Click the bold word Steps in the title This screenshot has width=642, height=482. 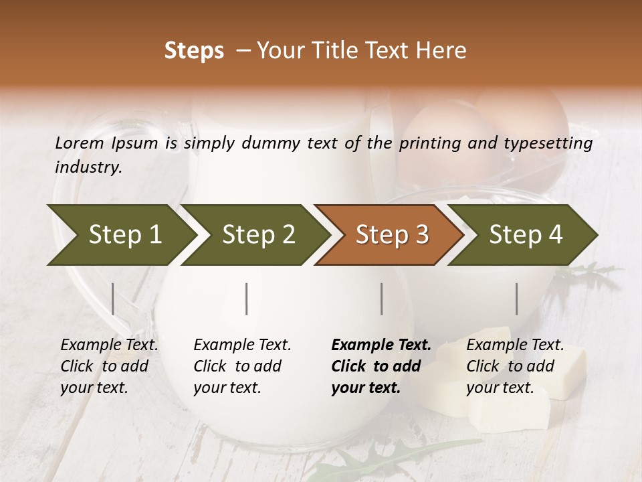click(x=194, y=51)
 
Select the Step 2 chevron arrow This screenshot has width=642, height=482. click(x=254, y=234)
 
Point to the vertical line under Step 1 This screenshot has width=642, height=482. click(x=113, y=299)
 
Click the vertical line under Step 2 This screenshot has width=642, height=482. click(x=247, y=299)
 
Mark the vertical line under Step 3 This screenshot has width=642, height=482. click(x=382, y=299)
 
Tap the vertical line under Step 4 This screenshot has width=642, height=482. click(x=517, y=299)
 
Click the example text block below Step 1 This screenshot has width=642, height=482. click(x=109, y=366)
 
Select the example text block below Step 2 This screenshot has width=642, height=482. click(x=242, y=366)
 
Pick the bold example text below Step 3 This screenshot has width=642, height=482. click(x=381, y=366)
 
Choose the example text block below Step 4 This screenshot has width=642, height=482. click(x=515, y=366)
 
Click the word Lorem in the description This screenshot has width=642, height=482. click(x=80, y=143)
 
